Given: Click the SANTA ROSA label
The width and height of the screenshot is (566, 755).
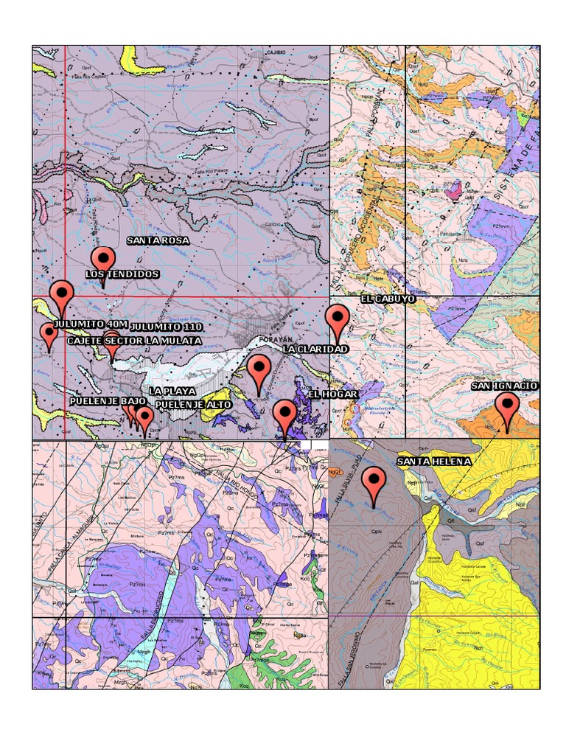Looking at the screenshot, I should coord(158,240).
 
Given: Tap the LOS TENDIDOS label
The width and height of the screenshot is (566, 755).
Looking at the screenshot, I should coord(122,274).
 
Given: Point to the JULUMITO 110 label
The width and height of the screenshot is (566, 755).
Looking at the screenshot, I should coord(166,326).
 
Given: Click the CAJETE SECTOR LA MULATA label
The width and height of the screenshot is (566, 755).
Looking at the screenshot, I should coord(134,341).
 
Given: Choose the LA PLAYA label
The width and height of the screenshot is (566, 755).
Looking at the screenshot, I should coord(172,391).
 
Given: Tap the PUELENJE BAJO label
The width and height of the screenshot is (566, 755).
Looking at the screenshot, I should coord(108,401).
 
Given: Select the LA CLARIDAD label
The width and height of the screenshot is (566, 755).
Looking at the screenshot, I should coord(315,348).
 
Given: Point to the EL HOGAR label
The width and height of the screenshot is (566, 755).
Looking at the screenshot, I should coord(332,394).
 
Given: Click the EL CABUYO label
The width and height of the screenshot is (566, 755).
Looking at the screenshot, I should coord(388,299).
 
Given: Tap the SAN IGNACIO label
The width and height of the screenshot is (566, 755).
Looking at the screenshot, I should coord(505,386).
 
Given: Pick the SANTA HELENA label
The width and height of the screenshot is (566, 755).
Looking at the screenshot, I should coord(433,462).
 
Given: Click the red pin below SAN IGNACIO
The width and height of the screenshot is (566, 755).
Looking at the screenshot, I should coord(506,408).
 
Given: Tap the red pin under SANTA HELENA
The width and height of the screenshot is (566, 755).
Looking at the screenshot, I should coord(375,484).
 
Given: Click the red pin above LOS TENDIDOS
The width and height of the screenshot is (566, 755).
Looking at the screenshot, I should coord(103,260).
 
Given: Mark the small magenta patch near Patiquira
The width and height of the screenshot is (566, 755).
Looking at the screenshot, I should coord(454,192).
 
